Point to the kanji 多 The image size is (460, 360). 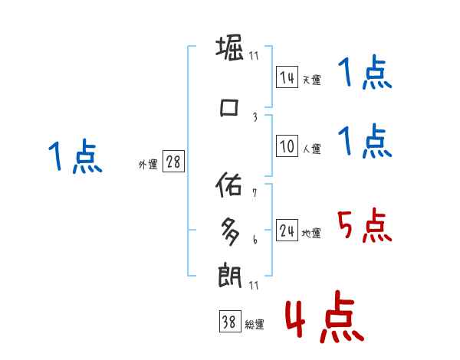[x=230, y=228]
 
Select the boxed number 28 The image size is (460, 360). [x=173, y=162]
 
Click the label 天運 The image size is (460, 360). [x=311, y=80]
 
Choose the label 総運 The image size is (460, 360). [x=255, y=325]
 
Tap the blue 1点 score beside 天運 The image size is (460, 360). [x=365, y=74]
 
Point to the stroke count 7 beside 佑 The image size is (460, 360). [x=254, y=193]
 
